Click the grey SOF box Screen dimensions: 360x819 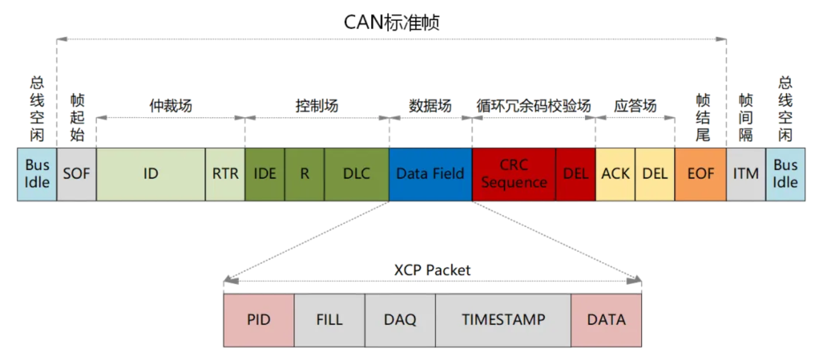click(x=76, y=174)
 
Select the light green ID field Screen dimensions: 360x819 click(x=151, y=174)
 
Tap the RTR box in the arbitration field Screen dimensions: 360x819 click(x=225, y=174)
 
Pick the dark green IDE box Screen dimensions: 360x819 click(x=265, y=174)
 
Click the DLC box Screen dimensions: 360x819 click(x=357, y=174)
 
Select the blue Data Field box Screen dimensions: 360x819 click(x=430, y=174)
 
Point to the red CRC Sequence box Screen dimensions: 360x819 click(x=514, y=174)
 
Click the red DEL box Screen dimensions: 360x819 click(x=576, y=174)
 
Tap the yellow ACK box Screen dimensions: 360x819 click(x=615, y=174)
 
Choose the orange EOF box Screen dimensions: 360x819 click(x=700, y=174)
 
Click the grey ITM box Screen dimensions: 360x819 click(x=745, y=174)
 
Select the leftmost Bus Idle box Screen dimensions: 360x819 click(x=37, y=174)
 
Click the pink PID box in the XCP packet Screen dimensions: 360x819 click(x=259, y=320)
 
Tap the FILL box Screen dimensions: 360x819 click(x=329, y=320)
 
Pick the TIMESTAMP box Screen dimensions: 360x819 click(x=503, y=320)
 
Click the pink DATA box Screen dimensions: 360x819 click(x=606, y=320)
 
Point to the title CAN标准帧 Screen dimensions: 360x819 click(x=391, y=22)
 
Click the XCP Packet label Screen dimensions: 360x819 click(x=432, y=270)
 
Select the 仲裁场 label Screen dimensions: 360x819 click(x=170, y=106)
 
